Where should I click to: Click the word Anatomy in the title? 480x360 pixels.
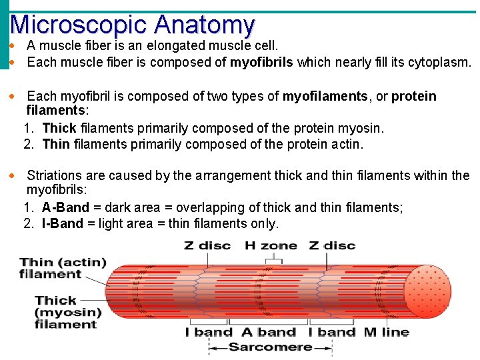(x=204, y=25)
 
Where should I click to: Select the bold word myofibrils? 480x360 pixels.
(x=262, y=63)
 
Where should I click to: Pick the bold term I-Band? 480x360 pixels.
(x=63, y=224)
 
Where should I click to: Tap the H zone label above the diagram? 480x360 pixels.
(x=271, y=245)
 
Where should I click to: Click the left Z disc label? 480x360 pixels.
(x=207, y=245)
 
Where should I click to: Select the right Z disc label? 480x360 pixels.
(x=332, y=245)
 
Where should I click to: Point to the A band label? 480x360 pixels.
(x=269, y=332)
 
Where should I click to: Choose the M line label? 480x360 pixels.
(x=386, y=332)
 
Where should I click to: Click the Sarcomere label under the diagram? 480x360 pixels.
(x=270, y=347)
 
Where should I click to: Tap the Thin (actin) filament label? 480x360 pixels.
(x=63, y=268)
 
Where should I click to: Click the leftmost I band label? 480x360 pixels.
(x=209, y=332)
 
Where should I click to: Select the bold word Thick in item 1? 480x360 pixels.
(x=59, y=129)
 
